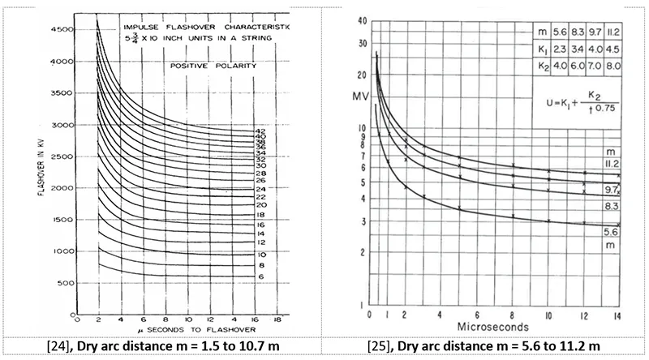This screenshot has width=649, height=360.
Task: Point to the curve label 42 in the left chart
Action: click(260, 131)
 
